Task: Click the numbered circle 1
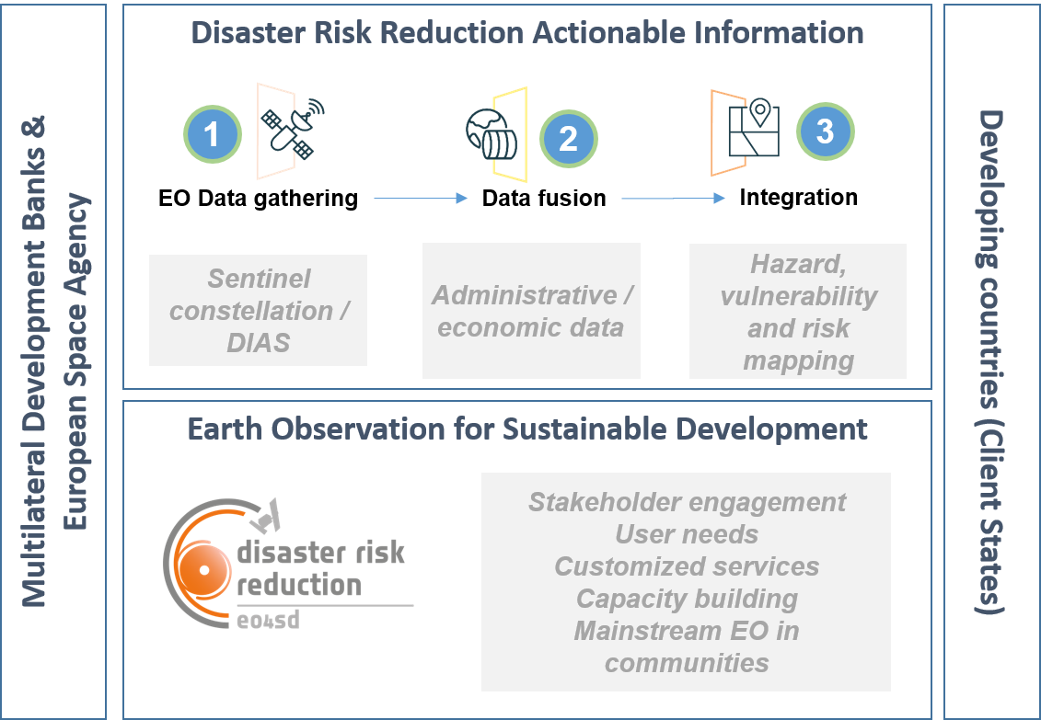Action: tap(213, 134)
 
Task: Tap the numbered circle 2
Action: tap(568, 139)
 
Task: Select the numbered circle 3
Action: tap(825, 131)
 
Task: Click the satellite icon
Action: tap(292, 129)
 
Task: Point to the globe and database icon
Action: tap(492, 134)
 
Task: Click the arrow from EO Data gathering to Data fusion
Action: tap(421, 198)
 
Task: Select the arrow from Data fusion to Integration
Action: tap(673, 198)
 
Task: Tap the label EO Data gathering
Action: tap(259, 199)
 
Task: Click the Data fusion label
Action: tap(544, 199)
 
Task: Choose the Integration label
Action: tap(799, 197)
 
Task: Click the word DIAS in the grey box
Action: tap(259, 343)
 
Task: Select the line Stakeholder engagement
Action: tap(688, 503)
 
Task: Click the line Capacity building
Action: tap(688, 599)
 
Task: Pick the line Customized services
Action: tap(688, 566)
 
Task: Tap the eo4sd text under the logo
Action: tap(268, 621)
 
